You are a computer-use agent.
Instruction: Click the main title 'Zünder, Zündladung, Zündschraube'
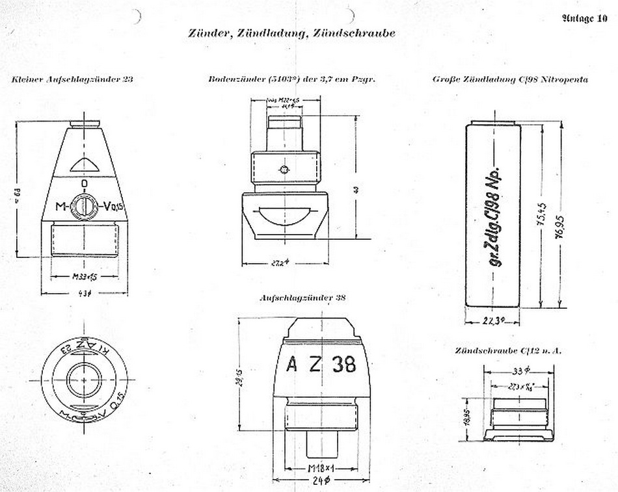click(x=291, y=33)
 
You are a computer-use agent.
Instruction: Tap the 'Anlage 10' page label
click(x=584, y=18)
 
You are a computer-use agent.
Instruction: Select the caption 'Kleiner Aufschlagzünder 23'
click(x=72, y=79)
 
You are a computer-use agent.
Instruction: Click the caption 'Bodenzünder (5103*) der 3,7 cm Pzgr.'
click(x=293, y=79)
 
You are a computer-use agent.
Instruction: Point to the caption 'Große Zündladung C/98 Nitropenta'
click(x=510, y=79)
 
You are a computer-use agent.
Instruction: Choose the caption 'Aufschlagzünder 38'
click(x=302, y=298)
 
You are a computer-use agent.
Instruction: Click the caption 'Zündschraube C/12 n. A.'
click(x=509, y=350)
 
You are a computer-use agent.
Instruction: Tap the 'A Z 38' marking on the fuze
click(x=321, y=365)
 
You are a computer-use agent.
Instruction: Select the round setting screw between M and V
click(x=84, y=207)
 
